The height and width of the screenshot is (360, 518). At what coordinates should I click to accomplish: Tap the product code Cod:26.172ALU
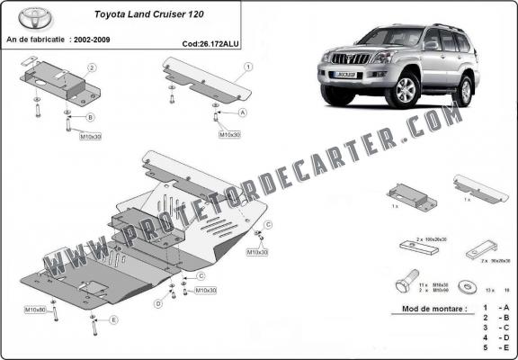click(210, 41)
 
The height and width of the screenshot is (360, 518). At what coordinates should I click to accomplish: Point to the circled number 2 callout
click(92, 67)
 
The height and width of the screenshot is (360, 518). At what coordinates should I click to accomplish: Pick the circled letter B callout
click(90, 118)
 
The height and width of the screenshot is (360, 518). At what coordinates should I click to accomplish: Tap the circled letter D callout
click(157, 304)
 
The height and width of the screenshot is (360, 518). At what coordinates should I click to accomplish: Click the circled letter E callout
click(113, 319)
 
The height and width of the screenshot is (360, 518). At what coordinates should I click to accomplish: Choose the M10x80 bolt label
click(35, 310)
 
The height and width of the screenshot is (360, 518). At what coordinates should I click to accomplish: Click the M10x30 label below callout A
click(229, 134)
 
